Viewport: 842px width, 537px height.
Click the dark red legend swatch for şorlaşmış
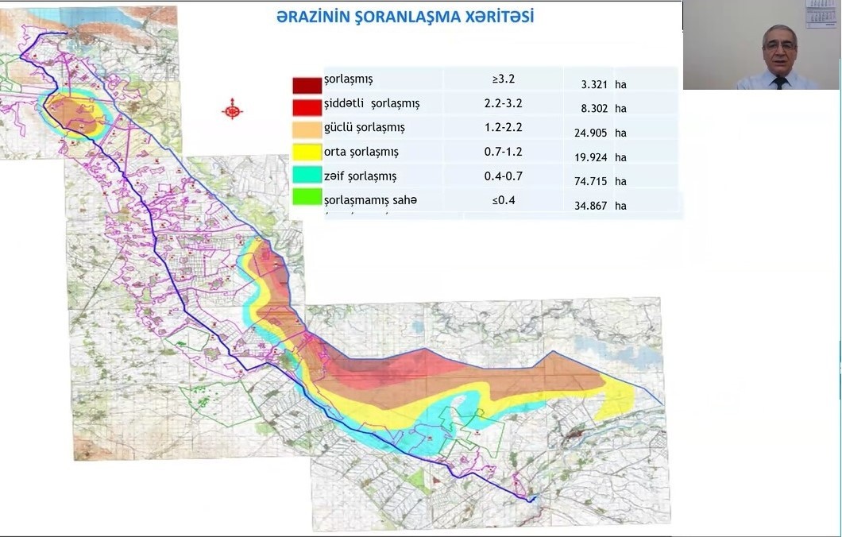[307, 85]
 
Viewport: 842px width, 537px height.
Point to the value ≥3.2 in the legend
[504, 79]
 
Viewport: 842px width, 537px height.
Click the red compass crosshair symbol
[232, 110]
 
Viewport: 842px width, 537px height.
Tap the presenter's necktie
[779, 82]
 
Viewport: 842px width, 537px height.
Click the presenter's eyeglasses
[778, 46]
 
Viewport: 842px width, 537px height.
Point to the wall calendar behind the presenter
[822, 14]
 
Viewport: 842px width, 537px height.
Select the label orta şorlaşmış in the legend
[361, 152]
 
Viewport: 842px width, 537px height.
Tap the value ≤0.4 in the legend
[504, 199]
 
